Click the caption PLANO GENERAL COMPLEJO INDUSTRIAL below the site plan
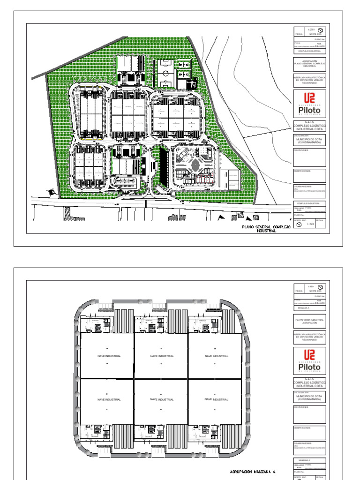click(266, 228)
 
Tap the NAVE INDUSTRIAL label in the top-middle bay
click(162, 356)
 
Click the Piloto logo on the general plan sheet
click(309, 105)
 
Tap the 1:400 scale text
click(310, 286)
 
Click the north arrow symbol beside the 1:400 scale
click(320, 287)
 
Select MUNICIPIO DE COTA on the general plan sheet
click(309, 141)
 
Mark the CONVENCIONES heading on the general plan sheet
click(301, 150)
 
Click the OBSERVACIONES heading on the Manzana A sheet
click(302, 427)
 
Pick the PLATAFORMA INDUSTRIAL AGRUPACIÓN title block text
click(309, 321)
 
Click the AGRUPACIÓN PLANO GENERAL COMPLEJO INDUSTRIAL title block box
click(309, 64)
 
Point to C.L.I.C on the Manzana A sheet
click(309, 378)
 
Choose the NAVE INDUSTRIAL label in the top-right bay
click(217, 356)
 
